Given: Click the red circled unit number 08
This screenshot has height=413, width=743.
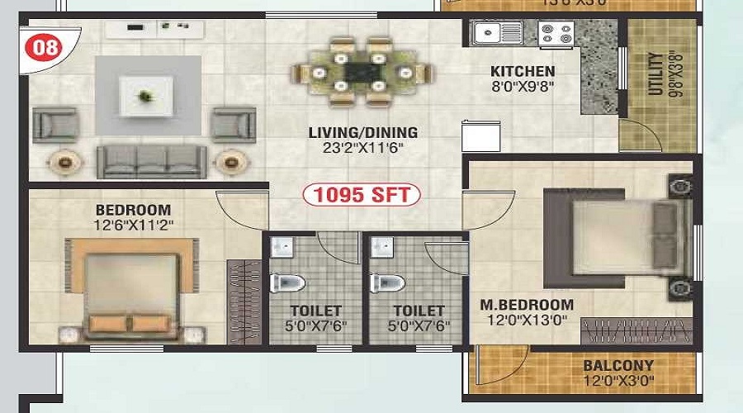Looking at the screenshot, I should click(x=47, y=46).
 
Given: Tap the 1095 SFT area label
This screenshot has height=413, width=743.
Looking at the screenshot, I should click(x=362, y=196).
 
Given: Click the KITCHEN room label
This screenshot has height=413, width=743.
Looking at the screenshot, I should click(x=523, y=71).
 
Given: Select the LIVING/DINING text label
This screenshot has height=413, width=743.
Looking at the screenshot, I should click(x=363, y=132).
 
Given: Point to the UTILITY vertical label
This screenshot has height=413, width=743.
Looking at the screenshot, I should click(x=655, y=74).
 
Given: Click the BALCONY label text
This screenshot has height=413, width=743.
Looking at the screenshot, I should click(x=618, y=365).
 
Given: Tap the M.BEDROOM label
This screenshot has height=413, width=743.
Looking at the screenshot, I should click(x=527, y=305).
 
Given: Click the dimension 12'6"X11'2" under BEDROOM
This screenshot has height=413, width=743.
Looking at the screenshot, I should click(x=133, y=224).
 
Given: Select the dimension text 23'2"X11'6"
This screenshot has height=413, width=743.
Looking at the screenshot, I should click(x=363, y=149).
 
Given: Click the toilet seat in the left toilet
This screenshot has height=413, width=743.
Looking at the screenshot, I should click(x=288, y=283).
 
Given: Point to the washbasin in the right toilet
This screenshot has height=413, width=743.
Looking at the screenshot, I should click(x=381, y=248).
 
